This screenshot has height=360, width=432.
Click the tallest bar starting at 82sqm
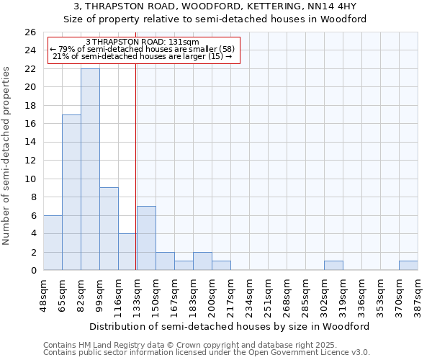pos(90,169)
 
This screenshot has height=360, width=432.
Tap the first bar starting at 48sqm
pos(53,243)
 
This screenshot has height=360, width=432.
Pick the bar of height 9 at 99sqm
pos(109,229)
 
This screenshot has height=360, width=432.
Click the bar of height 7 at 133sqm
pos(146,238)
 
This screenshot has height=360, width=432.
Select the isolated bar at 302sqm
pos(333,266)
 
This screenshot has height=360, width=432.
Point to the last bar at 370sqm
pos(408,266)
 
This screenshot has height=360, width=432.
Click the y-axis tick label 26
pos(30,32)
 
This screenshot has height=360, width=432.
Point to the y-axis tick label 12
pos(30,161)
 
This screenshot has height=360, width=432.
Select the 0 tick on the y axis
pos(32,271)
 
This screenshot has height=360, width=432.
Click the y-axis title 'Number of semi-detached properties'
pos(7,155)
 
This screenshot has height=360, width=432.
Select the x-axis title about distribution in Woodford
pos(230,326)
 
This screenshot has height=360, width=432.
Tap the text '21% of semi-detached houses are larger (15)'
pos(143,56)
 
